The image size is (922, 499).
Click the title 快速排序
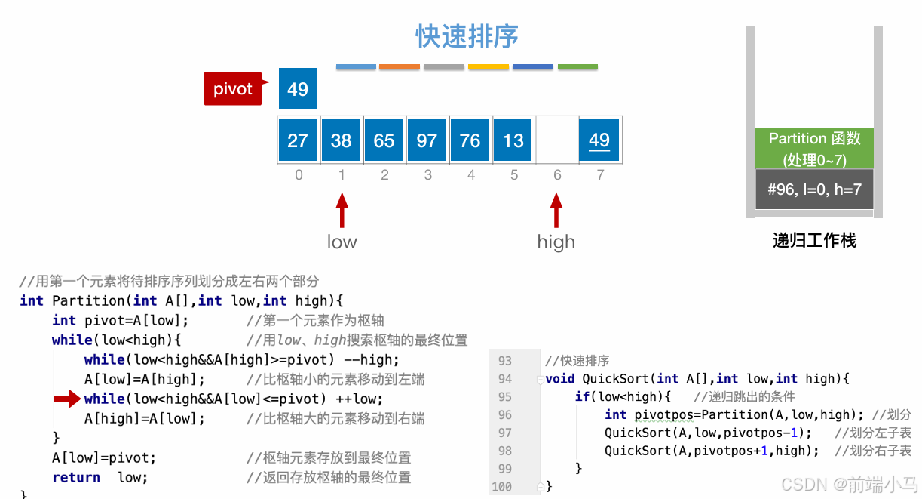(467, 36)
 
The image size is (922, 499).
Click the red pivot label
(233, 89)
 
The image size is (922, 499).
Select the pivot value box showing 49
(298, 89)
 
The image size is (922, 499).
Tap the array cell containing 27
(298, 140)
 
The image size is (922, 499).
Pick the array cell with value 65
(384, 140)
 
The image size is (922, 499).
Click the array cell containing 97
(427, 140)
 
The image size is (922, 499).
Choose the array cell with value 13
(513, 140)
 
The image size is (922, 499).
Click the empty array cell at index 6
(556, 140)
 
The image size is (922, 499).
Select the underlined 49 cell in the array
(599, 140)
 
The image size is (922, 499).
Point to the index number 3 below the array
(428, 175)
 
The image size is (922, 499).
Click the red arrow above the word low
(342, 211)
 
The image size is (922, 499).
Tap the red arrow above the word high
(556, 211)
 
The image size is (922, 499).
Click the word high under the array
(556, 242)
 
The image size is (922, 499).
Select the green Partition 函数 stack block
(814, 148)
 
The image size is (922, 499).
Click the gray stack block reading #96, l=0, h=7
(814, 189)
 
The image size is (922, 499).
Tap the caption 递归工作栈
(814, 241)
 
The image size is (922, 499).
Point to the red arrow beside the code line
(66, 399)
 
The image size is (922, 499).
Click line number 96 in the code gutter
(505, 414)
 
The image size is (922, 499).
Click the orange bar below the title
(399, 67)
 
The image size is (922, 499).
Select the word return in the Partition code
(76, 477)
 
